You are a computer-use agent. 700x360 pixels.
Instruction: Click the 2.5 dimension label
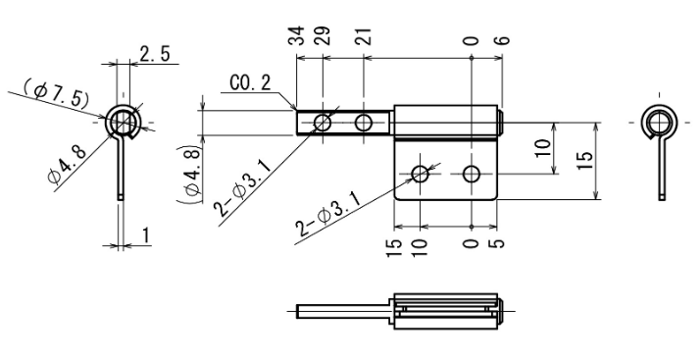155,54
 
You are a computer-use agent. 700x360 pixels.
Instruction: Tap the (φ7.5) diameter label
56,93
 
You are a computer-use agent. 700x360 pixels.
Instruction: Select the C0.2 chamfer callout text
250,83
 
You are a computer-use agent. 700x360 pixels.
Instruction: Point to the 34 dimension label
296,35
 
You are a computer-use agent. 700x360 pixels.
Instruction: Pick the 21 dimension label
364,36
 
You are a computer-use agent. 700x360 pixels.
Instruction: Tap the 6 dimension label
502,40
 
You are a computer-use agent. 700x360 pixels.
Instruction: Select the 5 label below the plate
497,244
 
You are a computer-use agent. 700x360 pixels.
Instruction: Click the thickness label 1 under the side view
145,236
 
